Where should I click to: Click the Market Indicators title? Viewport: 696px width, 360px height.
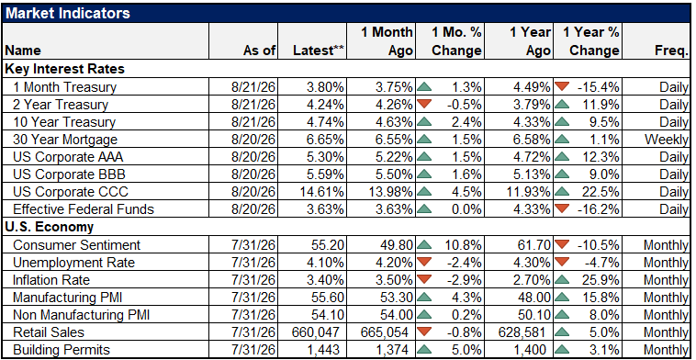68,13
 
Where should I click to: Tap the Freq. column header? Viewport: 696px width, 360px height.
671,51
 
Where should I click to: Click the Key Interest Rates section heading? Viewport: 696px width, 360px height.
65,69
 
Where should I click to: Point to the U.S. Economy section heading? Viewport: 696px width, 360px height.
50,227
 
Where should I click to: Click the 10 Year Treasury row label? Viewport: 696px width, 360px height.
64,122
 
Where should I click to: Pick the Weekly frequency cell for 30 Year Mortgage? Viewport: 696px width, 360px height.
667,140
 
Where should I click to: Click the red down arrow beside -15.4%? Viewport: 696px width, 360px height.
563,86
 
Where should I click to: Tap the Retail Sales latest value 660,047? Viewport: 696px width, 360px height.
316,332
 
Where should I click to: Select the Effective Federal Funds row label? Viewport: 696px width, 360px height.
84,209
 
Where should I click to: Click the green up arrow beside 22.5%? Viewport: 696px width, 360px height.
563,192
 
